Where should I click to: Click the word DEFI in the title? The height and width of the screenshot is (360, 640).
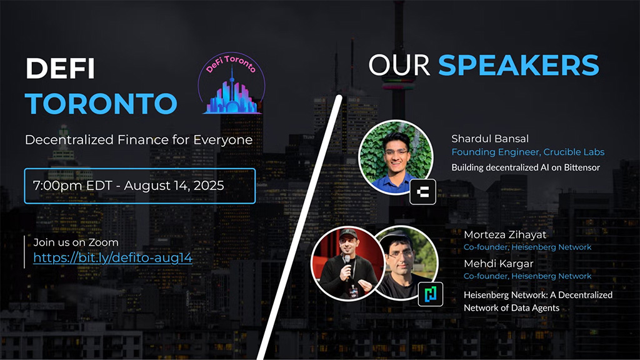pos(60,69)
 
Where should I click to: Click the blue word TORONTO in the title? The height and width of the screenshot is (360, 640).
pos(101,103)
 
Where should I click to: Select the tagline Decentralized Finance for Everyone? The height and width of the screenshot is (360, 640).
pos(139,139)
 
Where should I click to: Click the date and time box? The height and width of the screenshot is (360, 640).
pos(139,186)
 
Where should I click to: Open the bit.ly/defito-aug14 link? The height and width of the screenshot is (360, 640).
pos(112,257)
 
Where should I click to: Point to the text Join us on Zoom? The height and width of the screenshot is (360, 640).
pos(76,242)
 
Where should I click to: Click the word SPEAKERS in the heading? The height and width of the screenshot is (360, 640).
pos(518,65)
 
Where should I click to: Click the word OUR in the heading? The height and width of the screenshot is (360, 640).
pos(399,65)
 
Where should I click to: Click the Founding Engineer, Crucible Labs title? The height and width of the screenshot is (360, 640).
pos(527,152)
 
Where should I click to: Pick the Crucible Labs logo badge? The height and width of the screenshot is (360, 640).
pos(422,192)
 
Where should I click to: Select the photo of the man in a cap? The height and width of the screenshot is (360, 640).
pos(402,262)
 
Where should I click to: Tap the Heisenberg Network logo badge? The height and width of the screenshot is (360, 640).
pos(430,293)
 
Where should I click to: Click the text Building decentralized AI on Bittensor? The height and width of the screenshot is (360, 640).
pos(526,167)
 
